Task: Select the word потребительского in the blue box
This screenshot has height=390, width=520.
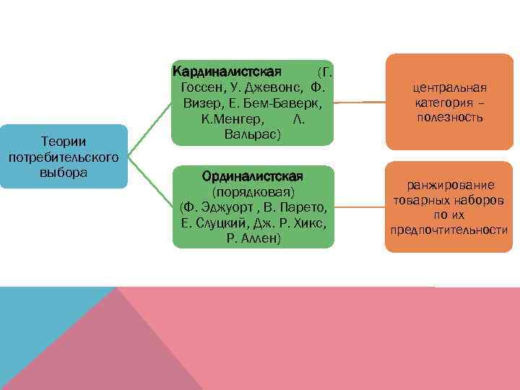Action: pos(64,157)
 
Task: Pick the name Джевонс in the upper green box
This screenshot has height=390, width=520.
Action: pos(271,87)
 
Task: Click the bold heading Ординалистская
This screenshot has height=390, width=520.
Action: pos(253,176)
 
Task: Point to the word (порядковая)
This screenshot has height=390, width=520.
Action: pos(253,192)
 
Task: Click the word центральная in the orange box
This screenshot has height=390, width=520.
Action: pos(449,87)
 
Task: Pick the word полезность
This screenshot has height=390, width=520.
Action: pos(449,116)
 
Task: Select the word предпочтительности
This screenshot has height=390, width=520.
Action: pos(449,230)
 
